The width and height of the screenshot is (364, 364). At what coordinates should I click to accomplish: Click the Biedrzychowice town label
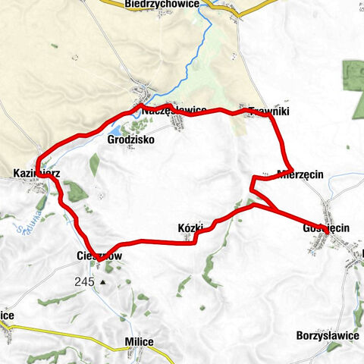(x=162, y=4)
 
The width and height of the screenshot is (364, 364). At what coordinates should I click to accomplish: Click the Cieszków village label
(x=99, y=256)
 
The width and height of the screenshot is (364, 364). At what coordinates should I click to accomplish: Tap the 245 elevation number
(x=84, y=281)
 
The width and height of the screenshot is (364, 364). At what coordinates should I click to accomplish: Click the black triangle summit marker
(x=102, y=283)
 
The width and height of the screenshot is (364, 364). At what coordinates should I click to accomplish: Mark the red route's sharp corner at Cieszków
(x=99, y=258)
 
